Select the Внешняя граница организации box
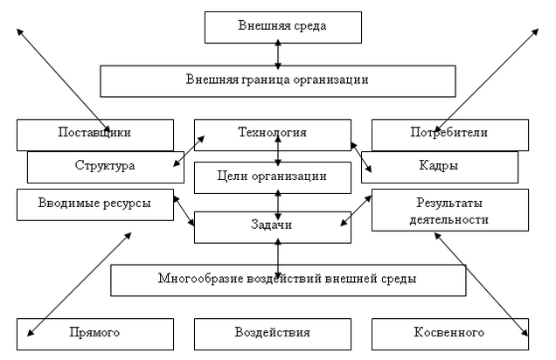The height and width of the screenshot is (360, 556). click(277, 80)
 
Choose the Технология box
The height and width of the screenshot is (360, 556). click(277, 132)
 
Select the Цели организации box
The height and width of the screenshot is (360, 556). click(272, 177)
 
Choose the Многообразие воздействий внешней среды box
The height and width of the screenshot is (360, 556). click(287, 280)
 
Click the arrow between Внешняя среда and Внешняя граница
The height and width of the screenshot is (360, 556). click(278, 54)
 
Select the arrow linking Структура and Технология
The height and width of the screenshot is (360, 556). click(188, 150)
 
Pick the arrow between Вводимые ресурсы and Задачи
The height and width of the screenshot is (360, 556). click(184, 210)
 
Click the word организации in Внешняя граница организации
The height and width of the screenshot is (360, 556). click(330, 80)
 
